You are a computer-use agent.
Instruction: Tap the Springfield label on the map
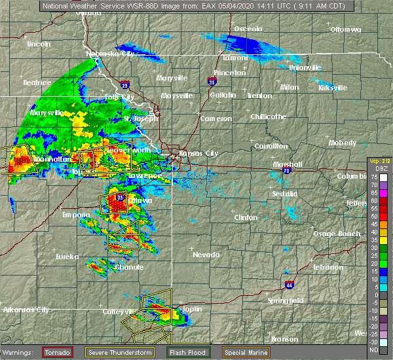[x=284, y=300]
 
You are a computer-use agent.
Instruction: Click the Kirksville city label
[x=333, y=88]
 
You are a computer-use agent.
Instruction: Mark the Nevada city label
[x=206, y=255]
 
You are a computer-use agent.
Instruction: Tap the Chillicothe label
[x=269, y=117]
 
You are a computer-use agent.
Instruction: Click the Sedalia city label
[x=285, y=194]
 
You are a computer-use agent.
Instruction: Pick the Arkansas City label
[x=26, y=310]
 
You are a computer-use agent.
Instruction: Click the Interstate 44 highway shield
[x=289, y=285]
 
